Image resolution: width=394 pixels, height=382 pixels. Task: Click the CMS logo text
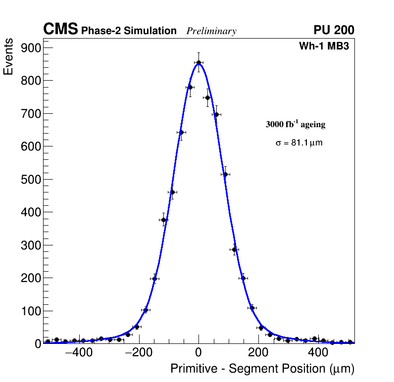[60, 30]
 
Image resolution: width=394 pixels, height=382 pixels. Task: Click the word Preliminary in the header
[211, 31]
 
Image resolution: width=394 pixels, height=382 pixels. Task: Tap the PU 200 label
[334, 30]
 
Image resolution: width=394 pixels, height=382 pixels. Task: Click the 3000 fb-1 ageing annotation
[295, 124]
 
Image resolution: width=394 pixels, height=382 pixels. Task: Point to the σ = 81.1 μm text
[299, 143]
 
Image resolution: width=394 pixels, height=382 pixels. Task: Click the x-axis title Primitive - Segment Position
[262, 369]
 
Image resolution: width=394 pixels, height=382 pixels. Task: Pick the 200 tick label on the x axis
[258, 353]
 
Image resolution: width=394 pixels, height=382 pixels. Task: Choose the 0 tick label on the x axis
[198, 353]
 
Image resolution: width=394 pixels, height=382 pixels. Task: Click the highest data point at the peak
[198, 63]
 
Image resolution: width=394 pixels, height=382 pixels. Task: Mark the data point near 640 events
[181, 132]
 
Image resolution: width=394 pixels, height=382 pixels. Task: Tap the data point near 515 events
[225, 174]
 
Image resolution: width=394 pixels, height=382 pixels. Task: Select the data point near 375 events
[163, 220]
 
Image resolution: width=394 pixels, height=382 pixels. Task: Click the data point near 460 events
[172, 192]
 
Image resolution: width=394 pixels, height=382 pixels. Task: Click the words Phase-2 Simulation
[129, 31]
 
